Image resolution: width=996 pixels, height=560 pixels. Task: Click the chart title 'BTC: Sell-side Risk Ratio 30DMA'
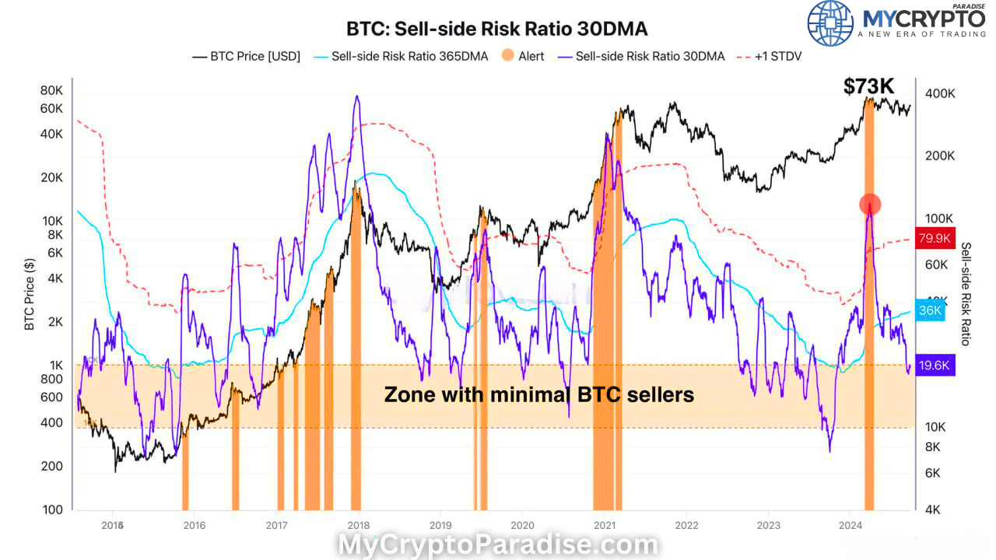point(496,29)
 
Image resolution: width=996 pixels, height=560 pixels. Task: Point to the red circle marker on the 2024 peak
point(870,205)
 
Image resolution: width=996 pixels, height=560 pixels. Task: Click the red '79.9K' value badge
point(935,239)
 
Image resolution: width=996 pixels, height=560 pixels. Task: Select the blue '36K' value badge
point(930,310)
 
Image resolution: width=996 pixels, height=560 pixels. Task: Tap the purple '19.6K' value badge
point(935,366)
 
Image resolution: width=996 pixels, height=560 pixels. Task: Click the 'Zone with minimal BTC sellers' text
point(538,395)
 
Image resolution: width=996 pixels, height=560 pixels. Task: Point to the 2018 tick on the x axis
point(358,524)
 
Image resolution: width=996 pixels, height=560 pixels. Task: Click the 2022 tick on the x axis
point(686,524)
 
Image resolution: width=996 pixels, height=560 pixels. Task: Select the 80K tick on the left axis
point(52,89)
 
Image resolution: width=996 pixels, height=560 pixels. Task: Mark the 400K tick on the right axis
point(940,93)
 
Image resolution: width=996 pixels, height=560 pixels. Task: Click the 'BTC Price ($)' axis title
point(30,294)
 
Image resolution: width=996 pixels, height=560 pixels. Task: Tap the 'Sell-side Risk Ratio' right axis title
point(966,294)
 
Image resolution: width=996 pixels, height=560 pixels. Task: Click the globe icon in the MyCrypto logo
point(829,23)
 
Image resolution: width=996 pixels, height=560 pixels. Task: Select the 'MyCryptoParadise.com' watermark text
point(498,544)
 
